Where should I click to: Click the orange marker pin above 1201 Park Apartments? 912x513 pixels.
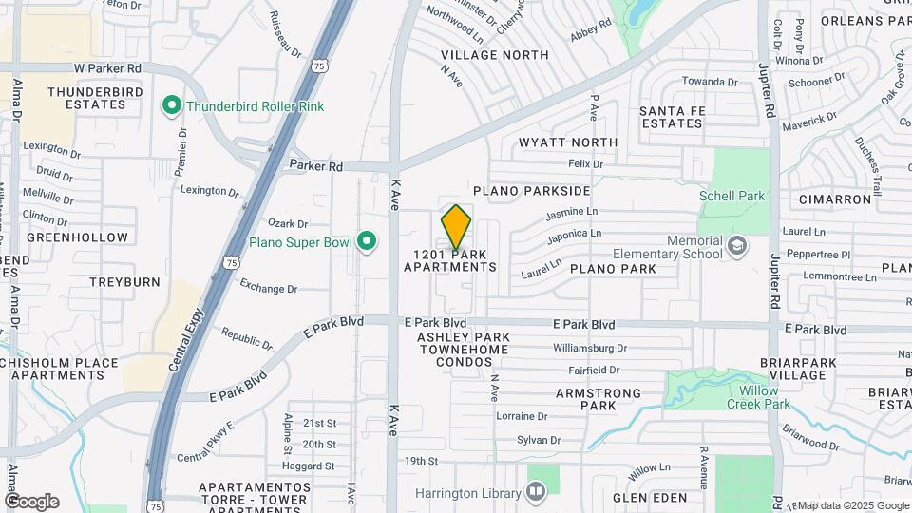point(456,227)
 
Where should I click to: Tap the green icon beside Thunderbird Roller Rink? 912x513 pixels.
point(172,105)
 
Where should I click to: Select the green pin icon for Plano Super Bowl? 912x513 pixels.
point(367,242)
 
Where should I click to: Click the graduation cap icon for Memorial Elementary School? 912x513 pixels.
point(736,247)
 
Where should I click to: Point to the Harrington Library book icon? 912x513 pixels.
point(536,492)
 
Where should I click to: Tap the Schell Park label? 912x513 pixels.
point(731,196)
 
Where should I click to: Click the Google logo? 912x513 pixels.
point(30,502)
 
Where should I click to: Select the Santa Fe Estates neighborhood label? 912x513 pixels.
point(671,117)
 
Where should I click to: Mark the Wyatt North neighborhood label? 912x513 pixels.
point(568,142)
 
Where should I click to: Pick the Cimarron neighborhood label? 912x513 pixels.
point(835,199)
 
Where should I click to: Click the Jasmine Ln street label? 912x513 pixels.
point(573,213)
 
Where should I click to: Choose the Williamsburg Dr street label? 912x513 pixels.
point(590,349)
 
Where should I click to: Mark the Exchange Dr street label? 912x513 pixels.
point(269,286)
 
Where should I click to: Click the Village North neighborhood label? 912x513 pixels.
point(482,55)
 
